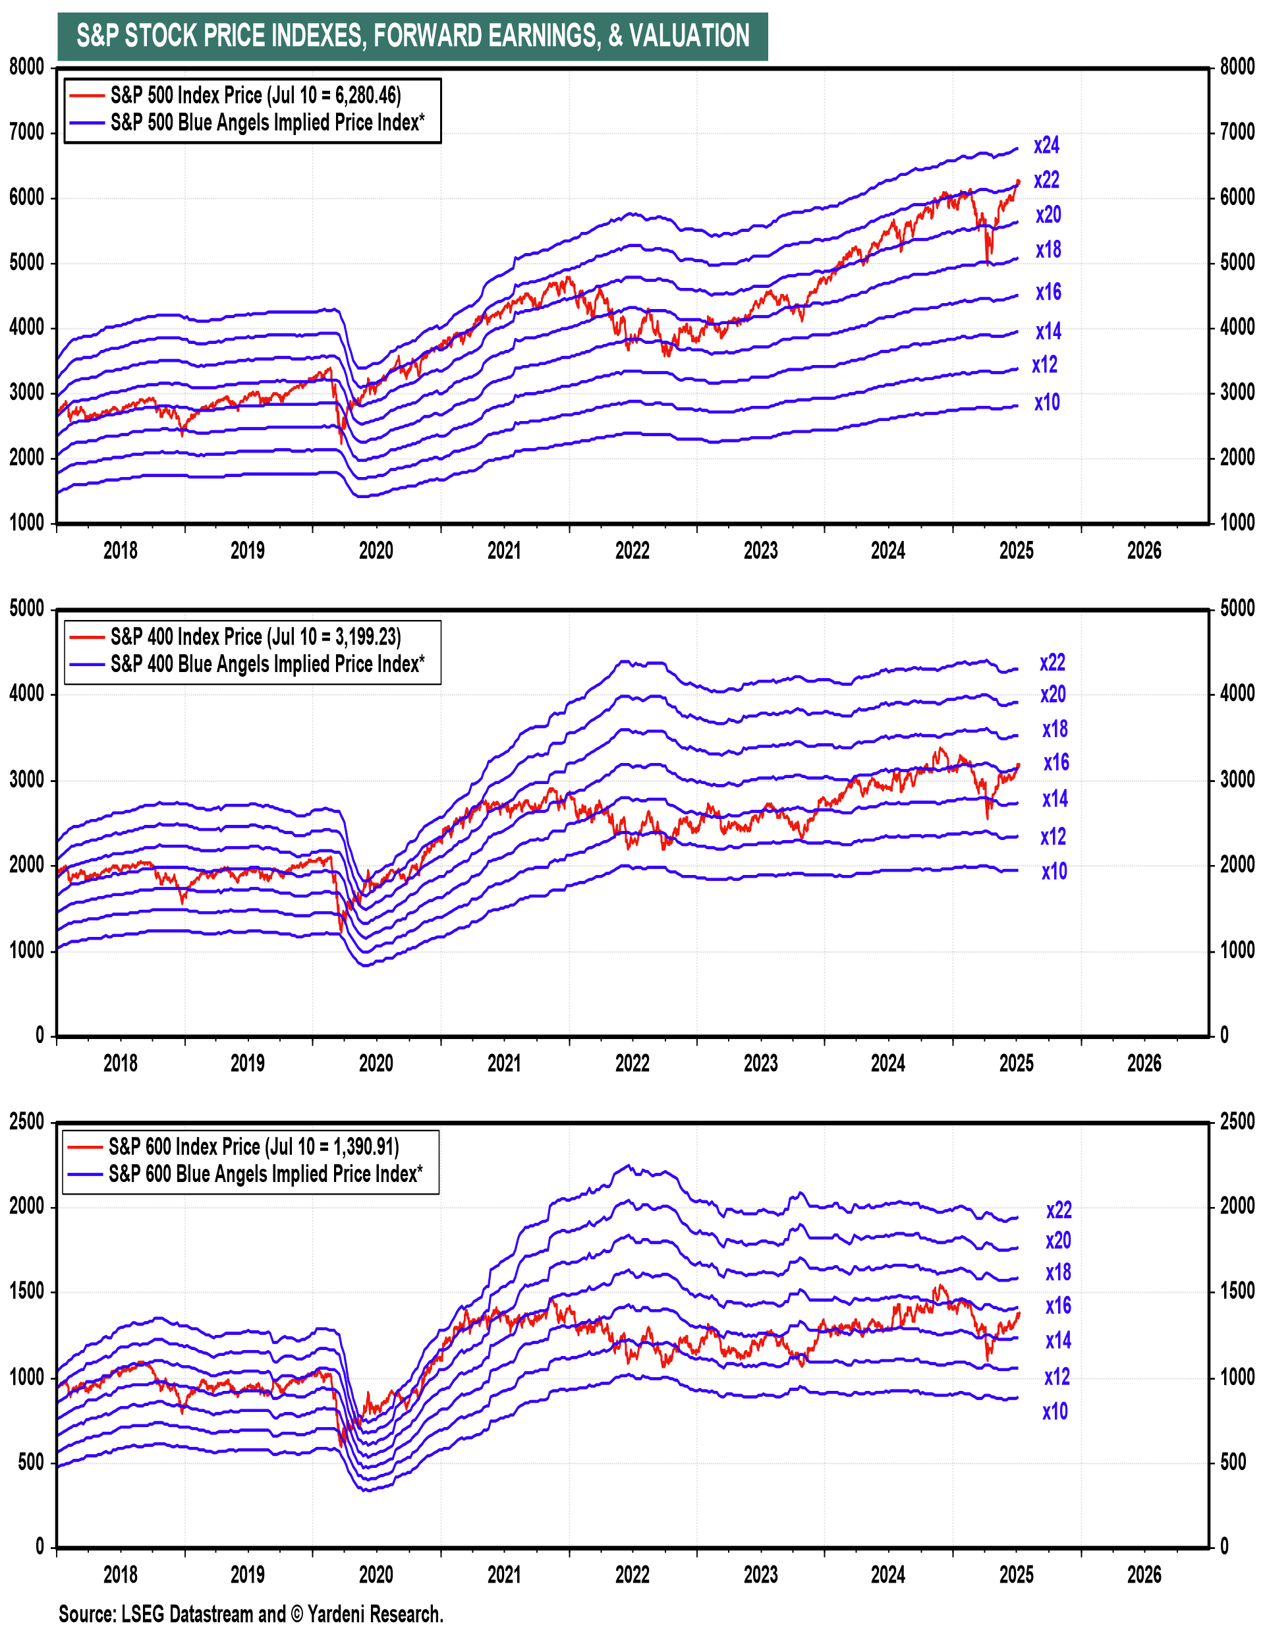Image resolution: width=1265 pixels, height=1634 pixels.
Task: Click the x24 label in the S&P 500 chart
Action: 1046,145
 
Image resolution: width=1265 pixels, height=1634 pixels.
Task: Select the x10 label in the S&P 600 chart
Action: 1055,1412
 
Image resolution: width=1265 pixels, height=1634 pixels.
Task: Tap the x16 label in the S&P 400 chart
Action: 1056,762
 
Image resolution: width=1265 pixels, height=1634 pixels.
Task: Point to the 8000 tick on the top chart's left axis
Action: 27,67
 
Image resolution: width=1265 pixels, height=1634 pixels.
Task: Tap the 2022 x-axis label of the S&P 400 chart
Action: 632,1063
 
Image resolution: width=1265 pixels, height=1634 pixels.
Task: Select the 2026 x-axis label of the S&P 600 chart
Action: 1144,1575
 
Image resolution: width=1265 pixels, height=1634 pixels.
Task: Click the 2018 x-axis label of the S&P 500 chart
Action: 120,551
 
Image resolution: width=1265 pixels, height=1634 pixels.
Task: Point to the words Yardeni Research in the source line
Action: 375,1614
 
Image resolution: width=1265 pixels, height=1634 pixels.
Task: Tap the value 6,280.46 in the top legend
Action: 366,96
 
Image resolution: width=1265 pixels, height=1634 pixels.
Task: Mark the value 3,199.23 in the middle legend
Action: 366,637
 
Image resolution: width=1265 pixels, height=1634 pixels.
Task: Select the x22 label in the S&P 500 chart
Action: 1046,181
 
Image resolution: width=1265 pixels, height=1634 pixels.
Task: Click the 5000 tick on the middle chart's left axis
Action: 27,608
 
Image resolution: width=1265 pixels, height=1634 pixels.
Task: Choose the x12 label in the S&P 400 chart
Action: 1053,837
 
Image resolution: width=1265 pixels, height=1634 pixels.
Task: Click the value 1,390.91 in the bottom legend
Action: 364,1147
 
